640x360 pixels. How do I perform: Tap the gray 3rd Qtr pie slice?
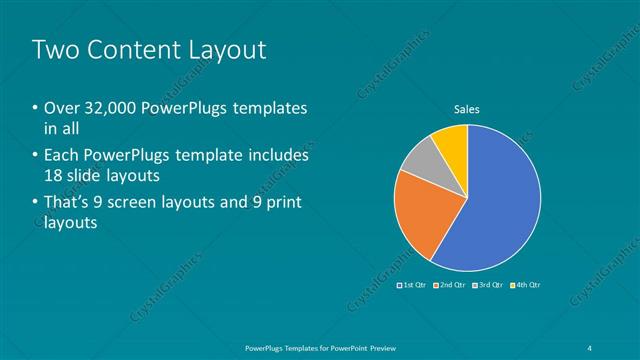(421, 159)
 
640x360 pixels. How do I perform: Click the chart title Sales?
(467, 108)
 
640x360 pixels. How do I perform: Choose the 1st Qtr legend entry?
(412, 285)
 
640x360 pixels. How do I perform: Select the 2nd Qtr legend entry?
(451, 285)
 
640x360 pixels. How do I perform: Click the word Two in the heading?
(58, 49)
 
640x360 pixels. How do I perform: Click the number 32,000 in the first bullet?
(109, 108)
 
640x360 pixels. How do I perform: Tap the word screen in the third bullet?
(145, 203)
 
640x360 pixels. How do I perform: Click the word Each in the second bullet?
(63, 156)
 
